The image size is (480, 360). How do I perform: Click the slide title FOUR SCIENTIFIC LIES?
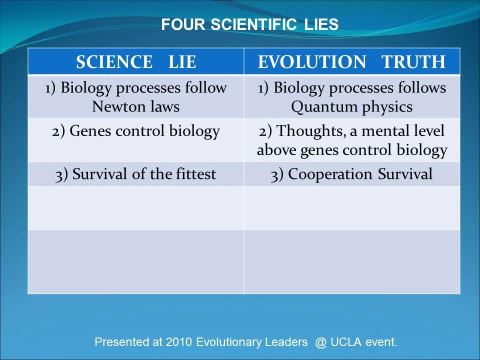coord(249,24)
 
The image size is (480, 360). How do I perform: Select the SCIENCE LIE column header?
coord(136,62)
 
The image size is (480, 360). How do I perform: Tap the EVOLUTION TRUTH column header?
coord(351,62)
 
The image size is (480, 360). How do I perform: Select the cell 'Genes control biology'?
coord(136,131)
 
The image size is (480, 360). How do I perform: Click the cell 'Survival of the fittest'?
coord(136,174)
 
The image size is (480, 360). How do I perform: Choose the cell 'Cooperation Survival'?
coord(351,174)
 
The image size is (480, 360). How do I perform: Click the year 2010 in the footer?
coord(179,342)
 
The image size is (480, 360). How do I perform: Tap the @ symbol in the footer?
coord(320,342)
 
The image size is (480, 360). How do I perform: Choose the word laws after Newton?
coord(164,106)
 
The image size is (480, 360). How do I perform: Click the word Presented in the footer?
coord(121,342)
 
